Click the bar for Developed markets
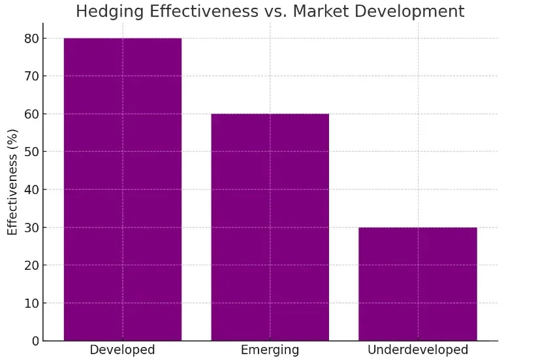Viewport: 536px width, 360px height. tap(123, 189)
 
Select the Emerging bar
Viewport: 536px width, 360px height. tap(270, 227)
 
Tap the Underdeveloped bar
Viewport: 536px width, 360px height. tap(418, 284)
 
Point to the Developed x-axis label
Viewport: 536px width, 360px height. tap(122, 350)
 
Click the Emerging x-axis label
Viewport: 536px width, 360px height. tap(270, 350)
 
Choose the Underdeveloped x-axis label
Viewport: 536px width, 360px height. tap(418, 350)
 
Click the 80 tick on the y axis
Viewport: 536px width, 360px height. tap(32, 39)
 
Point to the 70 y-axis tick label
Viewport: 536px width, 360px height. tap(32, 76)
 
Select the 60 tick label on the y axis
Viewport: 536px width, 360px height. tap(32, 114)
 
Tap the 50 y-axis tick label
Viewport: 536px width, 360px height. tap(32, 152)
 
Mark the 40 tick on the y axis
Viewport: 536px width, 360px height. tap(32, 189)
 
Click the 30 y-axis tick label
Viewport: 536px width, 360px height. tap(32, 227)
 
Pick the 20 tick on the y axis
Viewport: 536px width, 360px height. tap(32, 265)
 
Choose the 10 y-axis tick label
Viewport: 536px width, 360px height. tap(32, 303)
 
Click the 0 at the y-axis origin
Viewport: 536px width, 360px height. tap(36, 341)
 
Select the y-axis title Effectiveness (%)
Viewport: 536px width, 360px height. tap(12, 182)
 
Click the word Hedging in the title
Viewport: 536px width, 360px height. tap(110, 12)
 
